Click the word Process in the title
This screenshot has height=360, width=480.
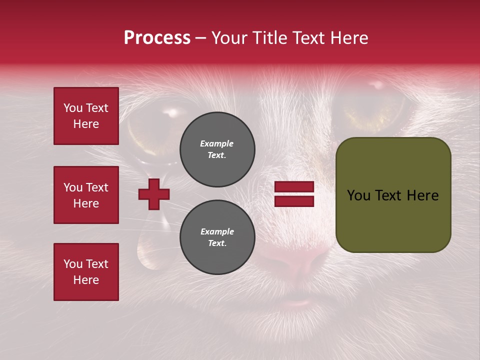[157, 38]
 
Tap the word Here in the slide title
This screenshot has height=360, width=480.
[349, 38]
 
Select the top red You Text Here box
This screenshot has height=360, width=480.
[86, 116]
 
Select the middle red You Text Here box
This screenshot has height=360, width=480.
[86, 195]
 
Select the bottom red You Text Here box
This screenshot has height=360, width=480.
[86, 272]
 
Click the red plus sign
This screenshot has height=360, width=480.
[154, 194]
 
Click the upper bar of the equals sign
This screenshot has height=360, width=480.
[294, 186]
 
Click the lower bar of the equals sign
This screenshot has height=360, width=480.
[294, 201]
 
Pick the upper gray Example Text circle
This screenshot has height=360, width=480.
[217, 149]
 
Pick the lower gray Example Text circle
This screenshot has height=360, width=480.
[217, 237]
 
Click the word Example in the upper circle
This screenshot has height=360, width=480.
[217, 143]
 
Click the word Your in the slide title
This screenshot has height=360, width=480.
[230, 38]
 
